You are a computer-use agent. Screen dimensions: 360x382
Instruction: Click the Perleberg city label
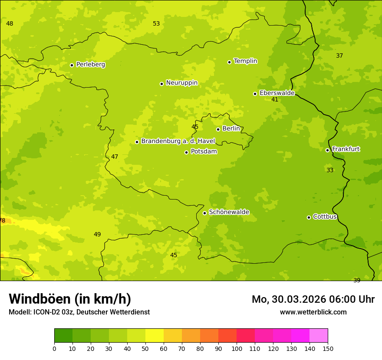coord(90,65)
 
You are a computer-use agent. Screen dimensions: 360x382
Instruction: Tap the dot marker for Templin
coord(229,62)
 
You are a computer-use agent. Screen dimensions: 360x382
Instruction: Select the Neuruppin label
coord(181,83)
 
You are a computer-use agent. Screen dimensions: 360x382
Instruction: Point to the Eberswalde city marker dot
coord(255,94)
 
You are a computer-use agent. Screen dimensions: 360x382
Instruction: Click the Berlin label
coord(231,129)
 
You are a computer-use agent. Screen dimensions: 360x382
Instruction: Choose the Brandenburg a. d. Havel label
coord(178,141)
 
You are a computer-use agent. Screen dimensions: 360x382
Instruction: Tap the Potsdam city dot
coord(186,152)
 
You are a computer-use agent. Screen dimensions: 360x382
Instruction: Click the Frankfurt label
coord(346,149)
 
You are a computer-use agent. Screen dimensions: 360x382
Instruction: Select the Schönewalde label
coord(229,212)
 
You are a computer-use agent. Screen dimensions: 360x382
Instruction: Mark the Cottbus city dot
coord(309,217)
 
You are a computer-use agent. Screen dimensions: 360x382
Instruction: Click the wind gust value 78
coord(3,221)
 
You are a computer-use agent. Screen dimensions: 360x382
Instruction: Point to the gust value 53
coord(156,24)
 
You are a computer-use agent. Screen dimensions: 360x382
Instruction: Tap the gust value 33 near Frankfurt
coord(330,170)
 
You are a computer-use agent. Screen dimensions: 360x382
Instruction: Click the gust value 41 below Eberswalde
coord(274,100)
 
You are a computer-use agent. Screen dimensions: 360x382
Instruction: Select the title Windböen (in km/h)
coord(70,299)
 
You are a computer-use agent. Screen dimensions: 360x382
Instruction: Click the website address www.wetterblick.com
coord(313,312)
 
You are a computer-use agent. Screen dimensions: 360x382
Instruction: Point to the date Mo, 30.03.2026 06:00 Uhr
coord(313,299)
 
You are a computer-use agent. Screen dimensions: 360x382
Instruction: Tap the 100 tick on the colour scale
coord(237,348)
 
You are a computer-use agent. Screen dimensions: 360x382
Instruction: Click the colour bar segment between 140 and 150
coord(319,336)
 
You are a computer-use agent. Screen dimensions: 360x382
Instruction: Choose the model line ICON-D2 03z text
coord(79,312)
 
